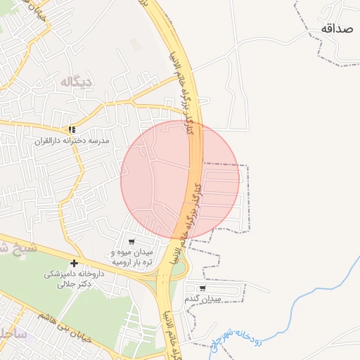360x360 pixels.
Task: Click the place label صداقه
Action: (336, 28)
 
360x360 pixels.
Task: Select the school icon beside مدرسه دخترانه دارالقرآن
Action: (72, 129)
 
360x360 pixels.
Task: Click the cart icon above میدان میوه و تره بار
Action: (131, 241)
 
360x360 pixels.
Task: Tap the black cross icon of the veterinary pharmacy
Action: (74, 263)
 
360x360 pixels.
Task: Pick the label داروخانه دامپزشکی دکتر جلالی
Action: (75, 279)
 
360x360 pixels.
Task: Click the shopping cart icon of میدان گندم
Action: (202, 288)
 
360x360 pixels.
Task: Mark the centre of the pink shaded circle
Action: (180, 180)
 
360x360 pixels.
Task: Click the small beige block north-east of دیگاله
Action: (135, 45)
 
